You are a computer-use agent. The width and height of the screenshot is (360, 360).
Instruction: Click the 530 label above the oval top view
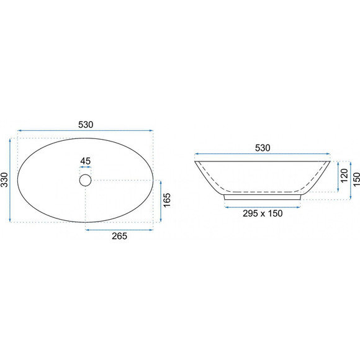tap(86, 125)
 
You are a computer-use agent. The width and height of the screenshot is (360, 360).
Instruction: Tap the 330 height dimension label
tap(4, 180)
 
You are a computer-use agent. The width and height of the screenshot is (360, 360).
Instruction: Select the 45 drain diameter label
tap(86, 161)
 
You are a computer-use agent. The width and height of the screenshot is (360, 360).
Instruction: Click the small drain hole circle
tap(86, 180)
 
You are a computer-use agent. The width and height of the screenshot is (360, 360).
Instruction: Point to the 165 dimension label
tap(167, 200)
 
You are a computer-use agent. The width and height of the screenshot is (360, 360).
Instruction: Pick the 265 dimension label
tap(119, 236)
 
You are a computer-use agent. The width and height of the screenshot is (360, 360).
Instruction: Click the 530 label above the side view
tap(263, 148)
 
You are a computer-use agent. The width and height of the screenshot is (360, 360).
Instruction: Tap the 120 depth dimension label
tap(344, 176)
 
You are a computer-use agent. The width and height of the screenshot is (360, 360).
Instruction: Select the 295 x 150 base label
tap(263, 214)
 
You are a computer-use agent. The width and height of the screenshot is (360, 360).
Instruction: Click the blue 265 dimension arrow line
tap(119, 230)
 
